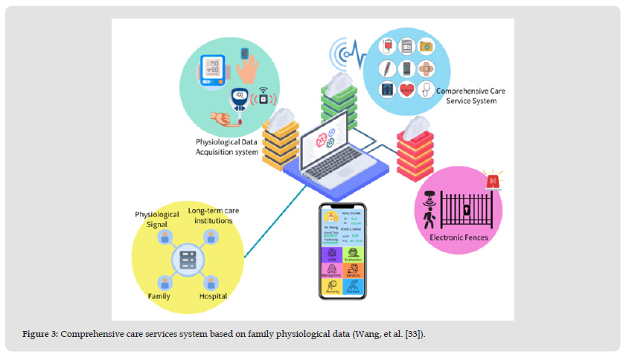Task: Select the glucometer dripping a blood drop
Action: (x=240, y=100)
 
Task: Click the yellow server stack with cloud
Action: (x=281, y=140)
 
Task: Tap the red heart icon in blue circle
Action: (x=406, y=91)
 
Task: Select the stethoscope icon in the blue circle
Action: (x=427, y=90)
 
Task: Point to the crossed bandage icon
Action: (x=427, y=69)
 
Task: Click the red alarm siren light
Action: (x=493, y=181)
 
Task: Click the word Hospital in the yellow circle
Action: (x=212, y=296)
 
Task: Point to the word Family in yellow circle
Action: (x=158, y=296)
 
